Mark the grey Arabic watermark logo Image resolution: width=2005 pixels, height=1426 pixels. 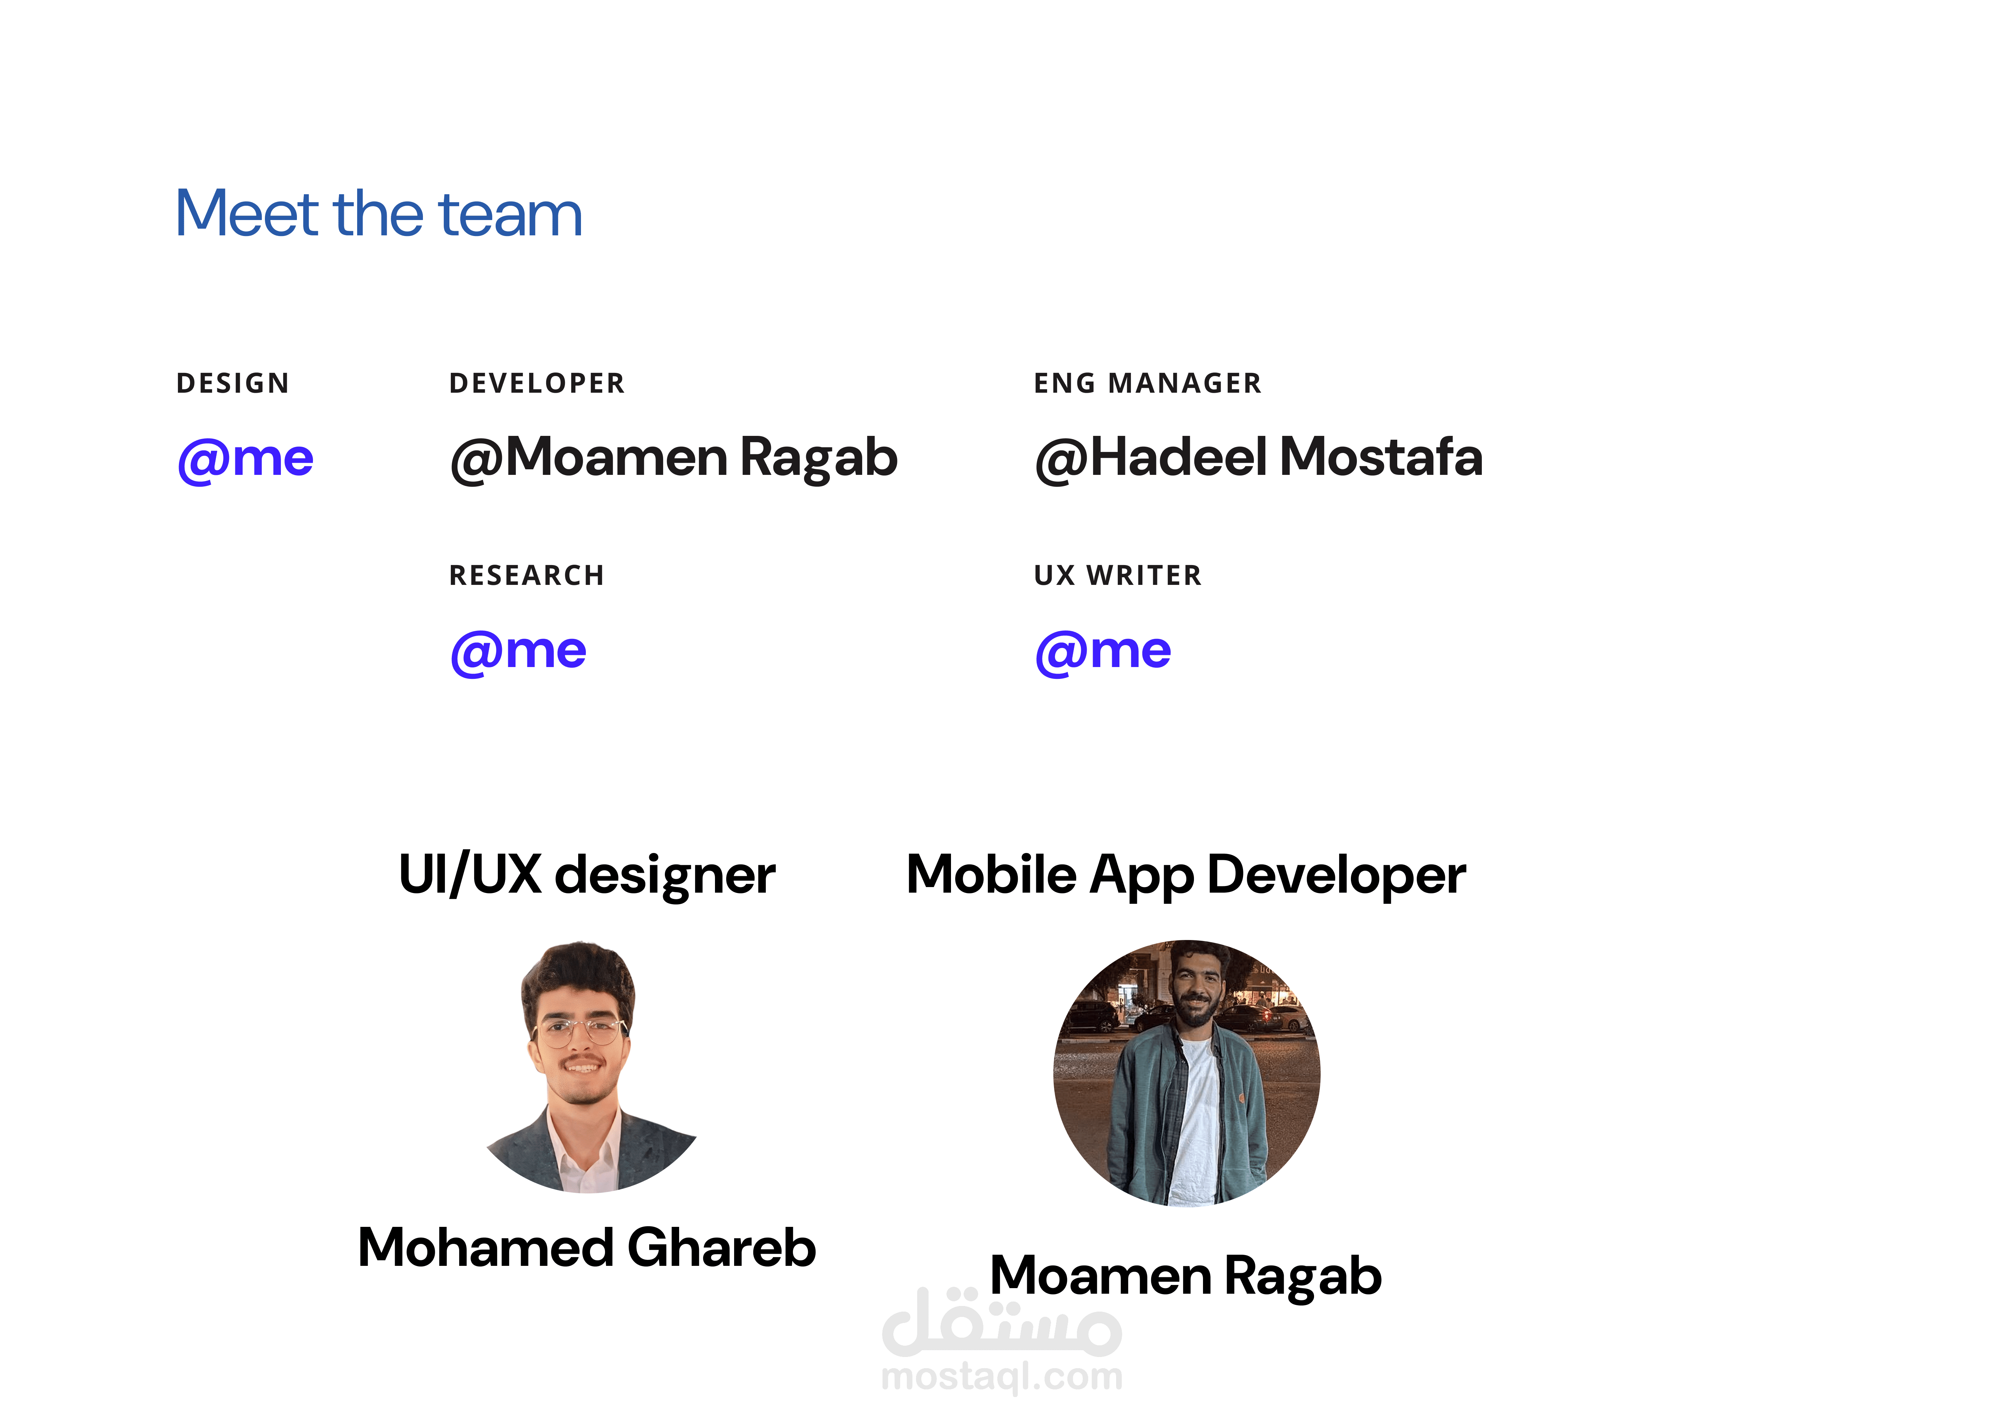point(1001,1322)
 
